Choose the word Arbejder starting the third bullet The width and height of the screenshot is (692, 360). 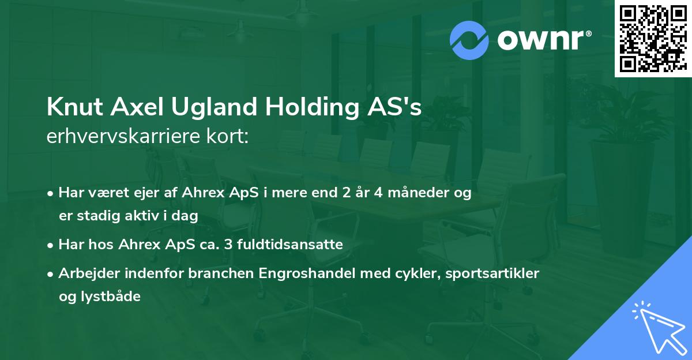[x=85, y=273]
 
